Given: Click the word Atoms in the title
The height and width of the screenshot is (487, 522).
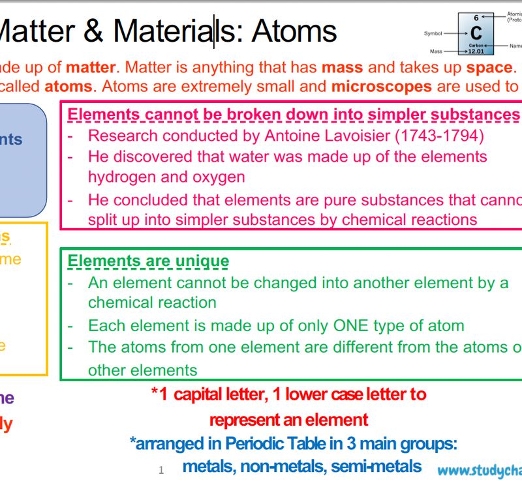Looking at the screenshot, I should (x=294, y=31).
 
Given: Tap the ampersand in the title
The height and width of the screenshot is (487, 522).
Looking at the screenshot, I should (x=97, y=31).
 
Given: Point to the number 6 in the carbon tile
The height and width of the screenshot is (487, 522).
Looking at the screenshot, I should (x=476, y=18).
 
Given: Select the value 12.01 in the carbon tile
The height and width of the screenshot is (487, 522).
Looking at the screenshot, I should (x=476, y=51).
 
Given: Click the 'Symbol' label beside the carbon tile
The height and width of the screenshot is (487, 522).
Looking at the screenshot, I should (x=433, y=33).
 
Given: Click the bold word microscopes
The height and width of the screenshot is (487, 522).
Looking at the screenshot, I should (x=381, y=86).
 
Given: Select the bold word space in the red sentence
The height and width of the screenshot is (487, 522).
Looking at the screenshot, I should (x=489, y=67).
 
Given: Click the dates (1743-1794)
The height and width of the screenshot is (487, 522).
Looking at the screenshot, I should (x=451, y=136).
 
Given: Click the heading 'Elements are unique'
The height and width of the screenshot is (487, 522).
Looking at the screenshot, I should (x=148, y=261).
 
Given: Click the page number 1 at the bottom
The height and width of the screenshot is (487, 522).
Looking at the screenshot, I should (x=161, y=470).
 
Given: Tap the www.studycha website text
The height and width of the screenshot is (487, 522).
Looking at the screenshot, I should (x=480, y=470).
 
